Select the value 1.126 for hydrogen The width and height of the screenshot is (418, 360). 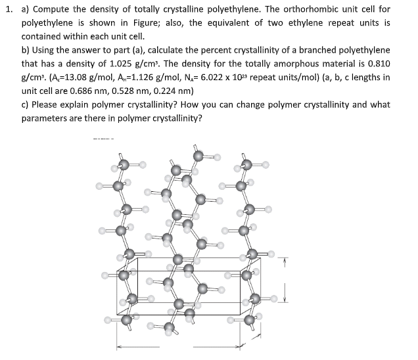[134, 78]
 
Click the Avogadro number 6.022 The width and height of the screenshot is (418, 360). [202, 78]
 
